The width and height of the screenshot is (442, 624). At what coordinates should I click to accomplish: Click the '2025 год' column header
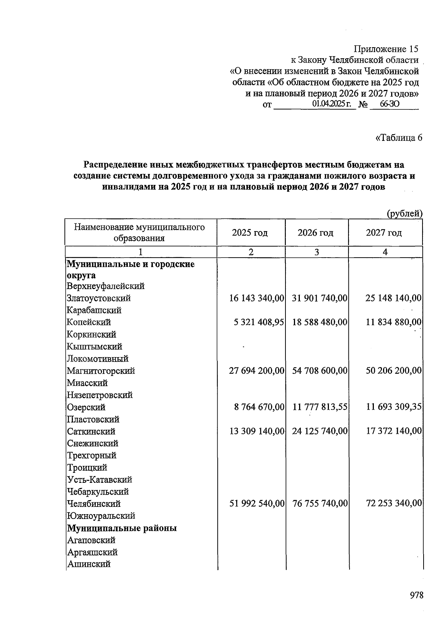pyautogui.click(x=250, y=233)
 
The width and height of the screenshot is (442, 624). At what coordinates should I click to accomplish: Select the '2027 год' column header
pyautogui.click(x=384, y=233)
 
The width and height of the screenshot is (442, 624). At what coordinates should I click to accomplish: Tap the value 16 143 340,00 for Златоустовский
pyautogui.click(x=256, y=298)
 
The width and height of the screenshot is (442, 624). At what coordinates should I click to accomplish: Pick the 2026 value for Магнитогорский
pyautogui.click(x=320, y=370)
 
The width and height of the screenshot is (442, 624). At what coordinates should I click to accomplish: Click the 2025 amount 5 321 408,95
pyautogui.click(x=259, y=322)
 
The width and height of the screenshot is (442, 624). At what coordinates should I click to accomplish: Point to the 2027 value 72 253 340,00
pyautogui.click(x=393, y=503)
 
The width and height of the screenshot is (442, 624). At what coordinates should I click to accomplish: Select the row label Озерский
pyautogui.click(x=86, y=407)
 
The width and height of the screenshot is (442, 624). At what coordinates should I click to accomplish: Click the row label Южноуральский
pyautogui.click(x=101, y=516)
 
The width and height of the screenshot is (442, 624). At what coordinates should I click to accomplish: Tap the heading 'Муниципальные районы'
pyautogui.click(x=122, y=528)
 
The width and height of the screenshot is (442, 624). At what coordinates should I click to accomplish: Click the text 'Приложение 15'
pyautogui.click(x=386, y=49)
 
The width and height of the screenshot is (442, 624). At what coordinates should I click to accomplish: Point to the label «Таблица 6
pyautogui.click(x=398, y=137)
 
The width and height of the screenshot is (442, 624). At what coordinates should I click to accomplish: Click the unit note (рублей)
pyautogui.click(x=404, y=213)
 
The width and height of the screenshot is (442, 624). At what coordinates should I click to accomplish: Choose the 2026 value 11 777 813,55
pyautogui.click(x=320, y=407)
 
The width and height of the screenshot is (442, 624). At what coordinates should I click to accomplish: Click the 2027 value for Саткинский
pyautogui.click(x=393, y=431)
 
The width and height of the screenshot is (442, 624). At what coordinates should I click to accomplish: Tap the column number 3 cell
pyautogui.click(x=316, y=252)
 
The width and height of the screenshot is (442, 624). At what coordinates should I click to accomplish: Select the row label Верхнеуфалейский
pyautogui.click(x=105, y=286)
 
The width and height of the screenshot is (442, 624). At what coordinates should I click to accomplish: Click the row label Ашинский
pyautogui.click(x=88, y=564)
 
